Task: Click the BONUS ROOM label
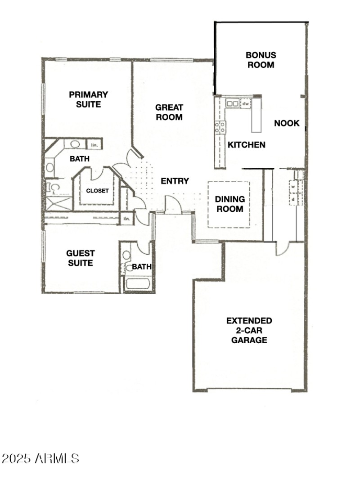pos(261,60)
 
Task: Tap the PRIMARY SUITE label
pos(88,99)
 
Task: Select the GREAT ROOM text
pos(169,112)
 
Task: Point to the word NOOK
pos(287,123)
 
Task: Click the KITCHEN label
pos(246,145)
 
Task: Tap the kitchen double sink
pos(233,103)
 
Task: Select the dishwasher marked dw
pos(246,103)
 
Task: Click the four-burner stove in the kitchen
pos(220,127)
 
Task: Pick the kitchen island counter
pos(256,115)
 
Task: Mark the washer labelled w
pos(293,185)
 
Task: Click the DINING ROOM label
pos(229,204)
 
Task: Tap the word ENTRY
pos(175,181)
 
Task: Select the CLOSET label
pos(98,190)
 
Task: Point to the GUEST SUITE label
pos(81,258)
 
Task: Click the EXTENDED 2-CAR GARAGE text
pos(249,330)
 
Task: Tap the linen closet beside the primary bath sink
pos(94,145)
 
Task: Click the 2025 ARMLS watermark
pos(40,458)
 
